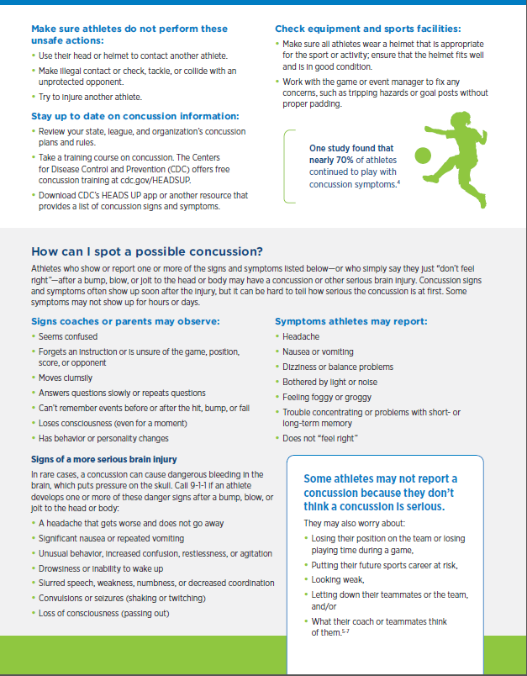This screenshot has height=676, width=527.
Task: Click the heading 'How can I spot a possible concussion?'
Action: (x=147, y=251)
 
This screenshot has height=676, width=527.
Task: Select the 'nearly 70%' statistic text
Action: (x=333, y=161)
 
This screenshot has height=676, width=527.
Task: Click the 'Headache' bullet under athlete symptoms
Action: (x=301, y=336)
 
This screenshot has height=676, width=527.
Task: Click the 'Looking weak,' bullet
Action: (x=337, y=580)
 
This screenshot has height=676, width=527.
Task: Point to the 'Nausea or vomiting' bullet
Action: (x=318, y=351)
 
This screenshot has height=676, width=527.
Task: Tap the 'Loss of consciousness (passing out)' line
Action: (x=105, y=613)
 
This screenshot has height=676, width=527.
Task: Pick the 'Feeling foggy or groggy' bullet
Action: (x=326, y=396)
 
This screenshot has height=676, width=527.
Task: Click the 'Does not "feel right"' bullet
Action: (x=322, y=437)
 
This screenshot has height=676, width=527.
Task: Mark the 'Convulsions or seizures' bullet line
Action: (x=122, y=598)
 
